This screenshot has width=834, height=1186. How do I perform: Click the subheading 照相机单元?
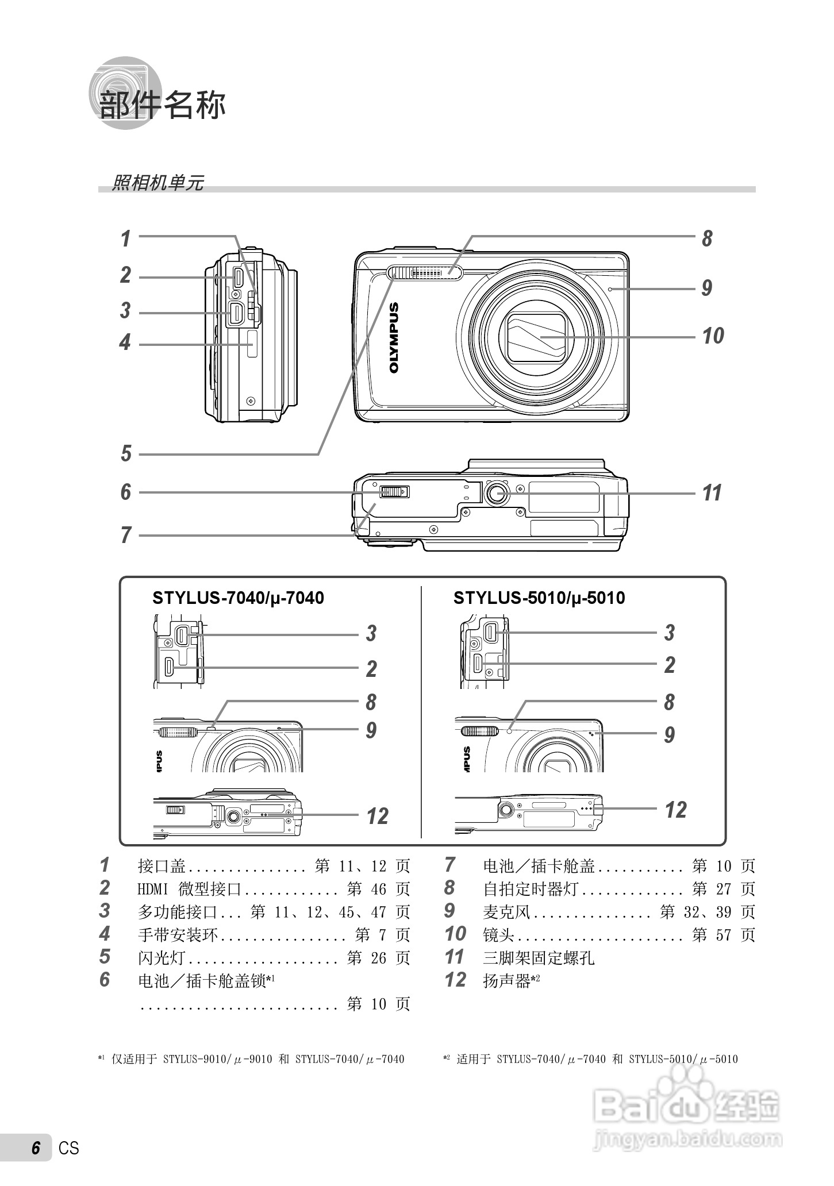[x=157, y=183]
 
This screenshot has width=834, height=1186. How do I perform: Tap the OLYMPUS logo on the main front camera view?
[x=394, y=338]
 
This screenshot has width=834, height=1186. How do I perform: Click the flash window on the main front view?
[x=425, y=272]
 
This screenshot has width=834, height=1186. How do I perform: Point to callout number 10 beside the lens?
[x=713, y=336]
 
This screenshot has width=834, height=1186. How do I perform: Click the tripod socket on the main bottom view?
[x=497, y=492]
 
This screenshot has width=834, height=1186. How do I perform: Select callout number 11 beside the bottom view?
[x=712, y=493]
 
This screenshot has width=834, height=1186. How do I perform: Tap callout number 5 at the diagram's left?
[x=126, y=454]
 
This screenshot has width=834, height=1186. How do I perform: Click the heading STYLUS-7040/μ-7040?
[x=238, y=598]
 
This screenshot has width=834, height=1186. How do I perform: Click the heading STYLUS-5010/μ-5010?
[x=539, y=598]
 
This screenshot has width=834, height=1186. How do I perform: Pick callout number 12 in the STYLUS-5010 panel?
[x=675, y=810]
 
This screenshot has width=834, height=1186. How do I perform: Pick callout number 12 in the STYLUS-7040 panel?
[x=377, y=817]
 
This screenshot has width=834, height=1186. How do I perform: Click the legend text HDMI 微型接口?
[x=190, y=889]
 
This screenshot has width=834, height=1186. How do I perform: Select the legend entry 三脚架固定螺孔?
[x=539, y=958]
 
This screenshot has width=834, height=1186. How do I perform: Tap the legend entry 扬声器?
[x=506, y=981]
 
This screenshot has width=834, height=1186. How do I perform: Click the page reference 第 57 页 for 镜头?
[x=724, y=935]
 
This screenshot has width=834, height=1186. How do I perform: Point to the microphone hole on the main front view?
[x=610, y=289]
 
